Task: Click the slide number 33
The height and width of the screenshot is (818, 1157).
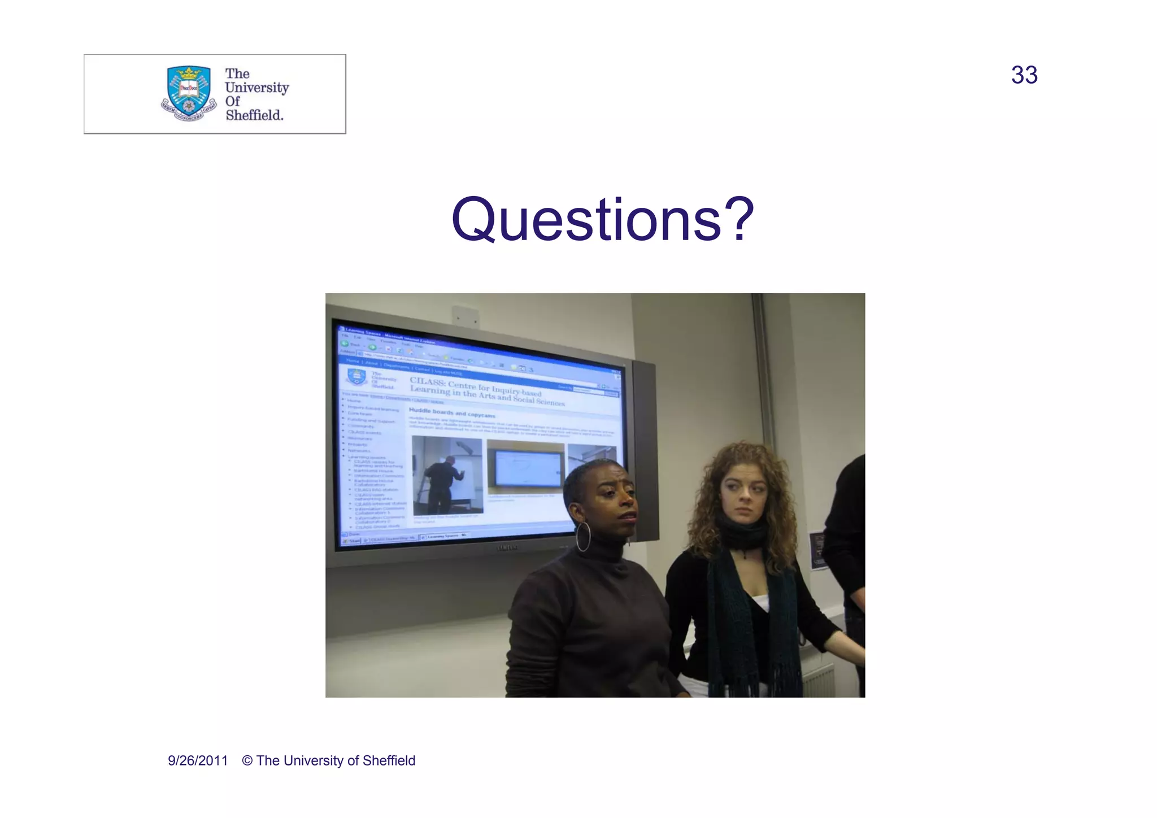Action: pyautogui.click(x=1024, y=75)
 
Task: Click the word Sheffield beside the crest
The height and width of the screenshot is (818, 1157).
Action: pyautogui.click(x=254, y=115)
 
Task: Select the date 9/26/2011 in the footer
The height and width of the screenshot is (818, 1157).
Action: pyautogui.click(x=198, y=761)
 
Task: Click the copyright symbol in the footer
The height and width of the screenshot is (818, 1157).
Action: pyautogui.click(x=247, y=761)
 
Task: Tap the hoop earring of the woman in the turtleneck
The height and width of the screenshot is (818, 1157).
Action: pyautogui.click(x=583, y=536)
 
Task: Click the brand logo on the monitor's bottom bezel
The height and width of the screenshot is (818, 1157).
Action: pyautogui.click(x=507, y=547)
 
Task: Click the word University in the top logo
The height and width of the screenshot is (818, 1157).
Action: pyautogui.click(x=256, y=88)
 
